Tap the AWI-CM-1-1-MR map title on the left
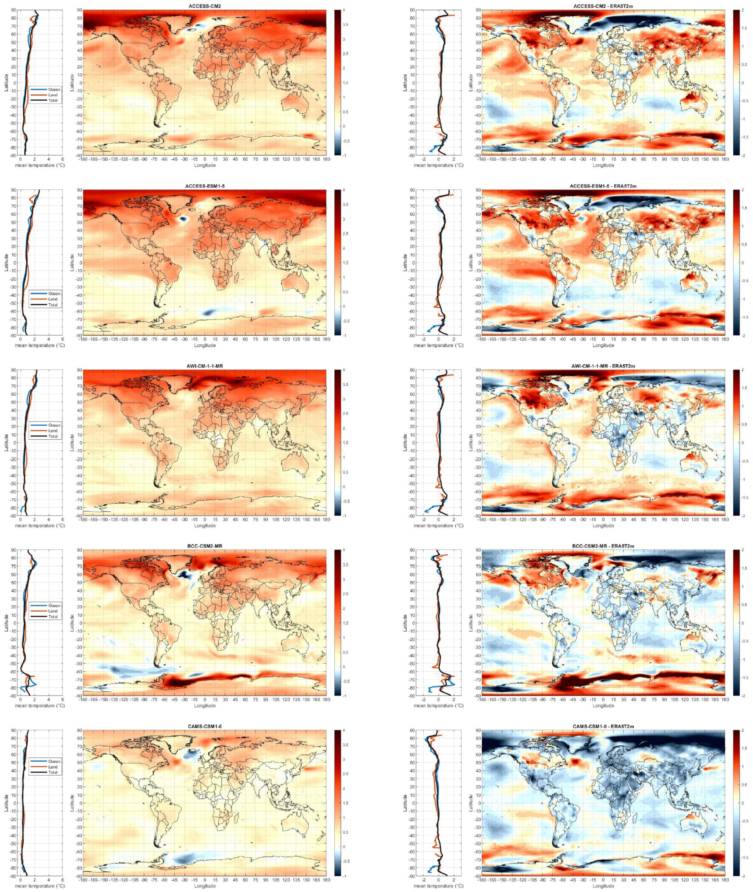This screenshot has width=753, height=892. click(204, 366)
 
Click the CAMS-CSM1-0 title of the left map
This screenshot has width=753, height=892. click(204, 727)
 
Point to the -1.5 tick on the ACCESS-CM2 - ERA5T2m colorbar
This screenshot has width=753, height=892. click(745, 137)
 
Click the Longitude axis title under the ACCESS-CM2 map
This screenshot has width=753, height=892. click(204, 165)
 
